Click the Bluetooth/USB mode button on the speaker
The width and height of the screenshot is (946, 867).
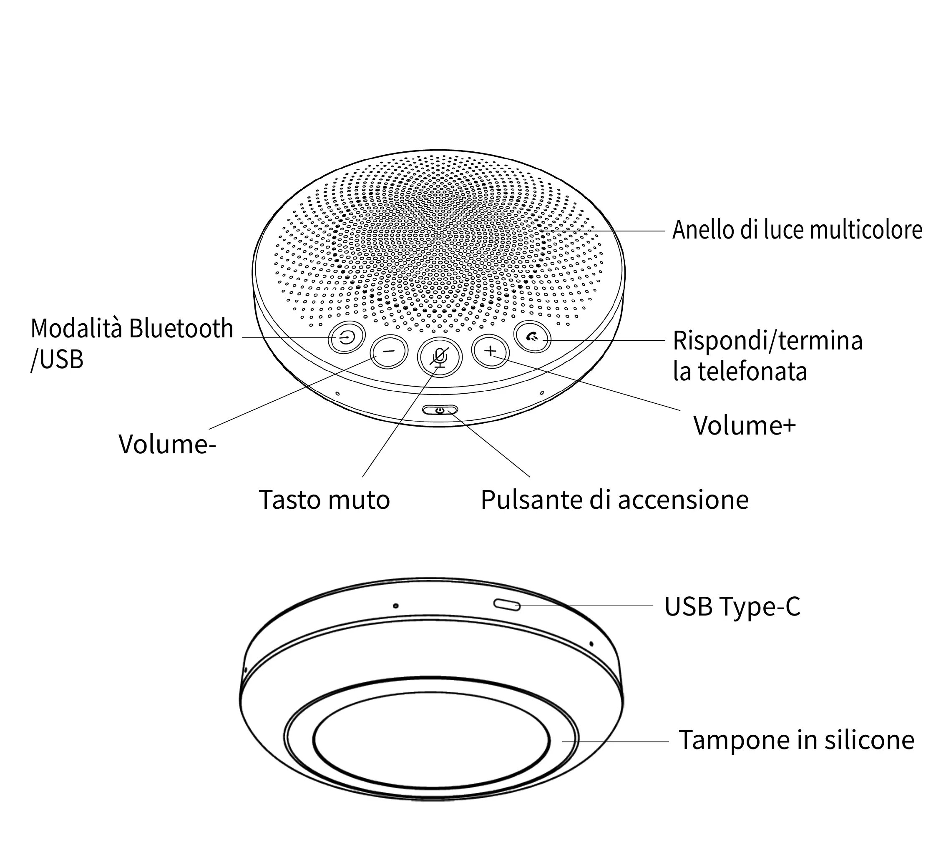(x=346, y=337)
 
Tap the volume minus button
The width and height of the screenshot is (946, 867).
(x=389, y=351)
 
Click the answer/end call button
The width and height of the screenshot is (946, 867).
(x=532, y=337)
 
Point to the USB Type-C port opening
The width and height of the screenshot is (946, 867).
(x=507, y=605)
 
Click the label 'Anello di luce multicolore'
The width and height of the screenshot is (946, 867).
(x=797, y=230)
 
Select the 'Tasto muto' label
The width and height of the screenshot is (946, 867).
(x=324, y=500)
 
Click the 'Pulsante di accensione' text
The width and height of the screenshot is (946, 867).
(x=614, y=500)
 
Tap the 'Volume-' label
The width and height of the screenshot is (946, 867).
(x=167, y=444)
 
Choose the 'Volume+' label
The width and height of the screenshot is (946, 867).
(x=745, y=425)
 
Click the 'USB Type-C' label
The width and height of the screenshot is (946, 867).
(x=732, y=606)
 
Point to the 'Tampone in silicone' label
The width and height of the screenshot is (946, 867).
(x=796, y=740)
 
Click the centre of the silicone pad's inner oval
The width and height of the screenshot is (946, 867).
(x=431, y=739)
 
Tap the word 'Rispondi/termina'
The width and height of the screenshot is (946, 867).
(x=767, y=340)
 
